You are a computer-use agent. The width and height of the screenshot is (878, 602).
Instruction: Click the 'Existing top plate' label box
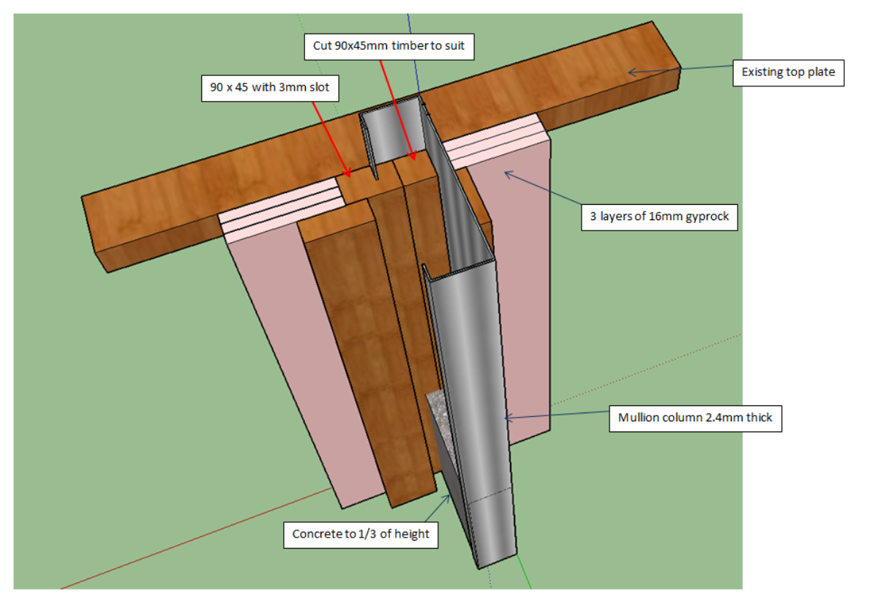(789, 72)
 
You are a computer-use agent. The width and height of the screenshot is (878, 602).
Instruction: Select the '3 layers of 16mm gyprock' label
(659, 217)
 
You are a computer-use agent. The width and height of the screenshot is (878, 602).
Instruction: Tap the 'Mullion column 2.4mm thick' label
(695, 419)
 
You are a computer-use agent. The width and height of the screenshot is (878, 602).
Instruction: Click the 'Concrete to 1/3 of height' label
(361, 534)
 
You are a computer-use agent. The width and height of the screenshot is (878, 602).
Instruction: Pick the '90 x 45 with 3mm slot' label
(269, 87)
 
